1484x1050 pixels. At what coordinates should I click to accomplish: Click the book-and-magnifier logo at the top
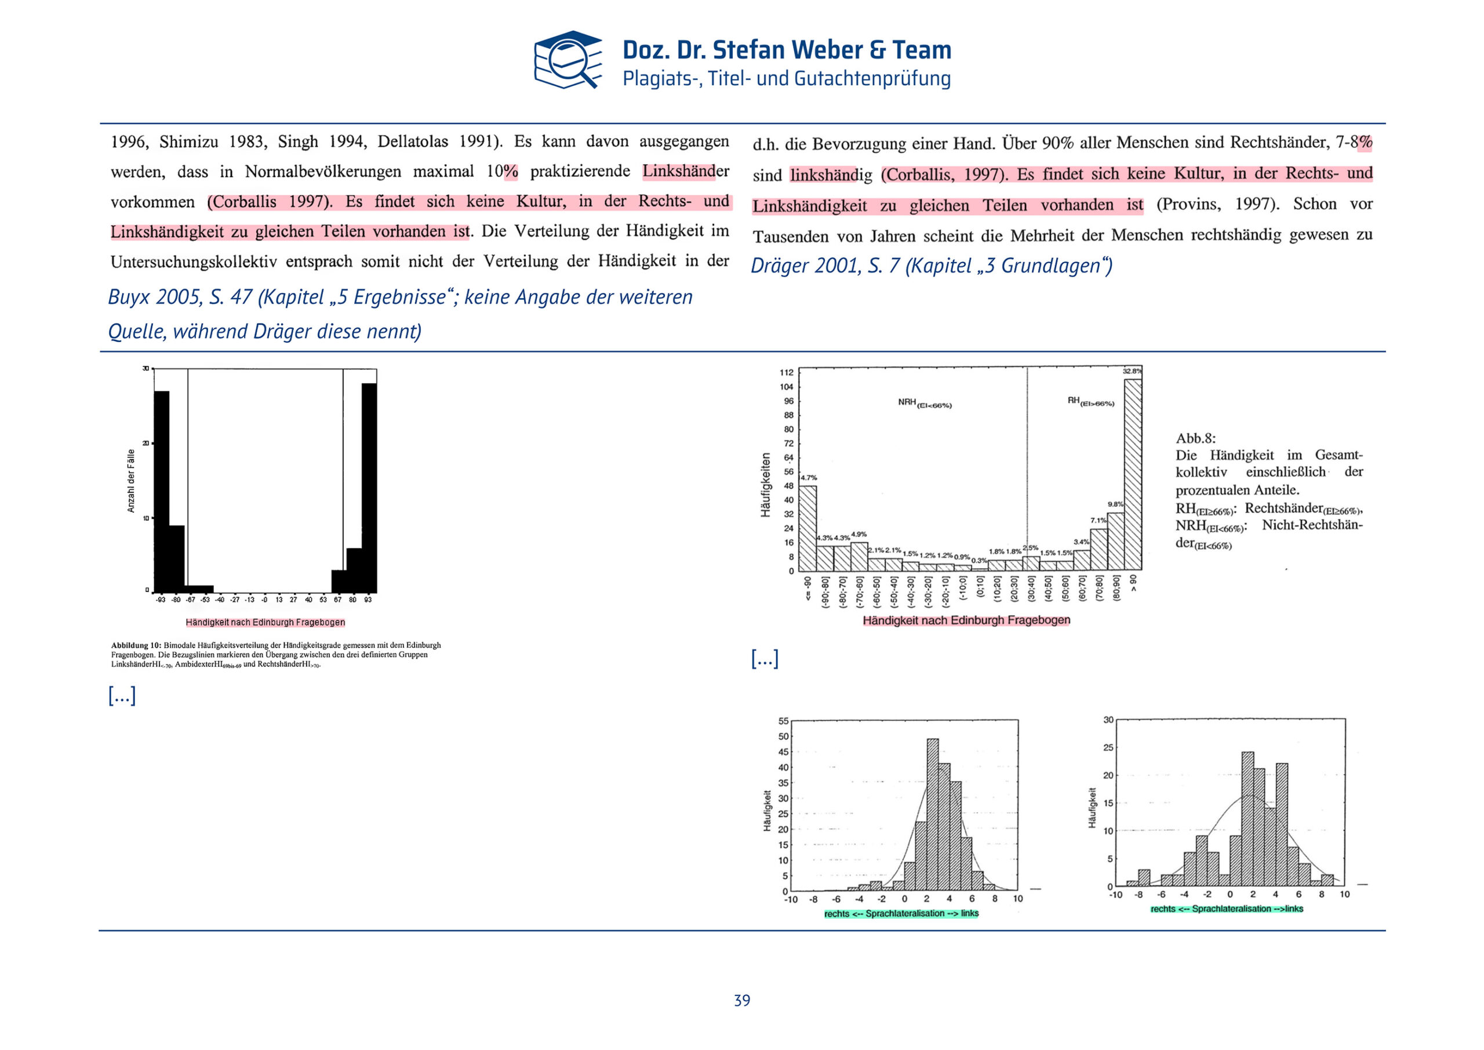coord(567,60)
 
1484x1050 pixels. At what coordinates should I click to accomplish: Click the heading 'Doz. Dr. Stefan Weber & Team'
coord(786,50)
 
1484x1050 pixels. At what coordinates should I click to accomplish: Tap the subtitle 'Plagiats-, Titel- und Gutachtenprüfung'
coord(786,79)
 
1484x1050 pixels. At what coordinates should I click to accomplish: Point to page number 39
coord(742,1000)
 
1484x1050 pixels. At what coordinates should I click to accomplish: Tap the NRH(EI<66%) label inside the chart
coord(923,404)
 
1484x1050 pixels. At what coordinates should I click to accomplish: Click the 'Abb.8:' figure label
coord(1195,438)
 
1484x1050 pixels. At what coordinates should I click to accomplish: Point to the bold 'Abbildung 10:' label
coord(136,645)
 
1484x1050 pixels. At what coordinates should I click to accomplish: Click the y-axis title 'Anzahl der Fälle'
coord(131,481)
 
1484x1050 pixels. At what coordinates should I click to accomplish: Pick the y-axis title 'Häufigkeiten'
coord(765,484)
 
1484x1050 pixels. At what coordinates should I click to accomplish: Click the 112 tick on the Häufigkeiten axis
coord(786,372)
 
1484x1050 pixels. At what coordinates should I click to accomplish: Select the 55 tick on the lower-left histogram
coord(783,721)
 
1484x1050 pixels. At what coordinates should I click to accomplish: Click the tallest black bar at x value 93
coord(369,488)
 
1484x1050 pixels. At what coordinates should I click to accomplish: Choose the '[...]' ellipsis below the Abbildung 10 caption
coord(122,696)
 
